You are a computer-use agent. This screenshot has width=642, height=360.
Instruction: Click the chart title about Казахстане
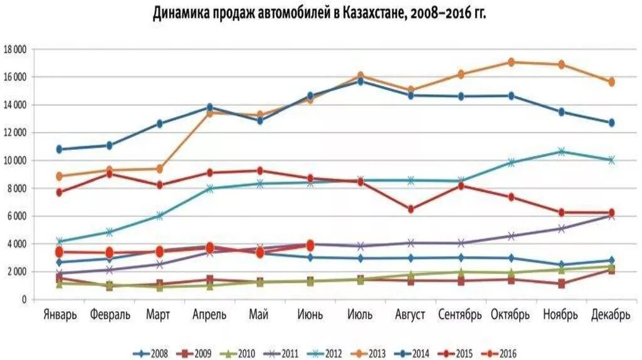tap(320, 14)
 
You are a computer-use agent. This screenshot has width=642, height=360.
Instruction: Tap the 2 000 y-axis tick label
tap(17, 272)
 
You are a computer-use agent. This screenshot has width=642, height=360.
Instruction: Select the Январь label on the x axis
tap(60, 314)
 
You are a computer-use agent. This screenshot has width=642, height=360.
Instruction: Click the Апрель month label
tap(209, 314)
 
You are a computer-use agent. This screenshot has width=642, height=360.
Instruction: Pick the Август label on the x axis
tap(411, 314)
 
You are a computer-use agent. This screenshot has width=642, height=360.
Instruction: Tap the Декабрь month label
tap(610, 314)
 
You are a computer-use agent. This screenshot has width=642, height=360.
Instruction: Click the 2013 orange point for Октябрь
tap(511, 62)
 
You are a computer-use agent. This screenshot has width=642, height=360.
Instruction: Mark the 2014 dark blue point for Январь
tap(60, 149)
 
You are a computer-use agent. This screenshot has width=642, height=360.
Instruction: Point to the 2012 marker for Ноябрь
tap(561, 151)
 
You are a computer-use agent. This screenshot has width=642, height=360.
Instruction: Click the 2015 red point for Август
tap(411, 209)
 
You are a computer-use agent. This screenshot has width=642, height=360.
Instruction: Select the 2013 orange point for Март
tap(159, 169)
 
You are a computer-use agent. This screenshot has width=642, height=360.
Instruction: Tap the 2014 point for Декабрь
tap(611, 123)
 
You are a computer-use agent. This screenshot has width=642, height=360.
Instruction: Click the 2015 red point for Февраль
tap(109, 174)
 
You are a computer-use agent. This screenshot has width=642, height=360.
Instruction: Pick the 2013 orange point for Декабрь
tap(611, 82)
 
